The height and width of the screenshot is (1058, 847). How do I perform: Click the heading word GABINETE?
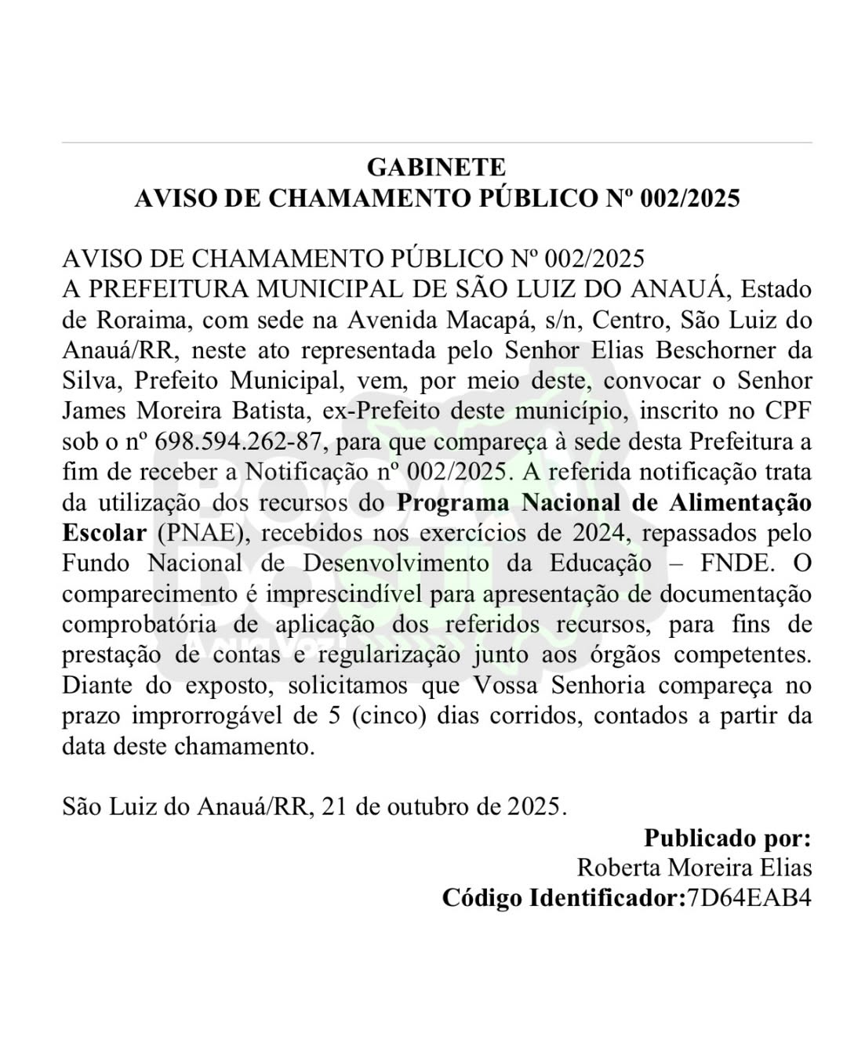[436, 167]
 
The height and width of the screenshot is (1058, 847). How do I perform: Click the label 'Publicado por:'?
[728, 838]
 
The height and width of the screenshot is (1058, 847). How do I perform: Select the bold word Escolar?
[104, 533]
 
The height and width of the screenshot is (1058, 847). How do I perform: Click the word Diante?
[99, 686]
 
